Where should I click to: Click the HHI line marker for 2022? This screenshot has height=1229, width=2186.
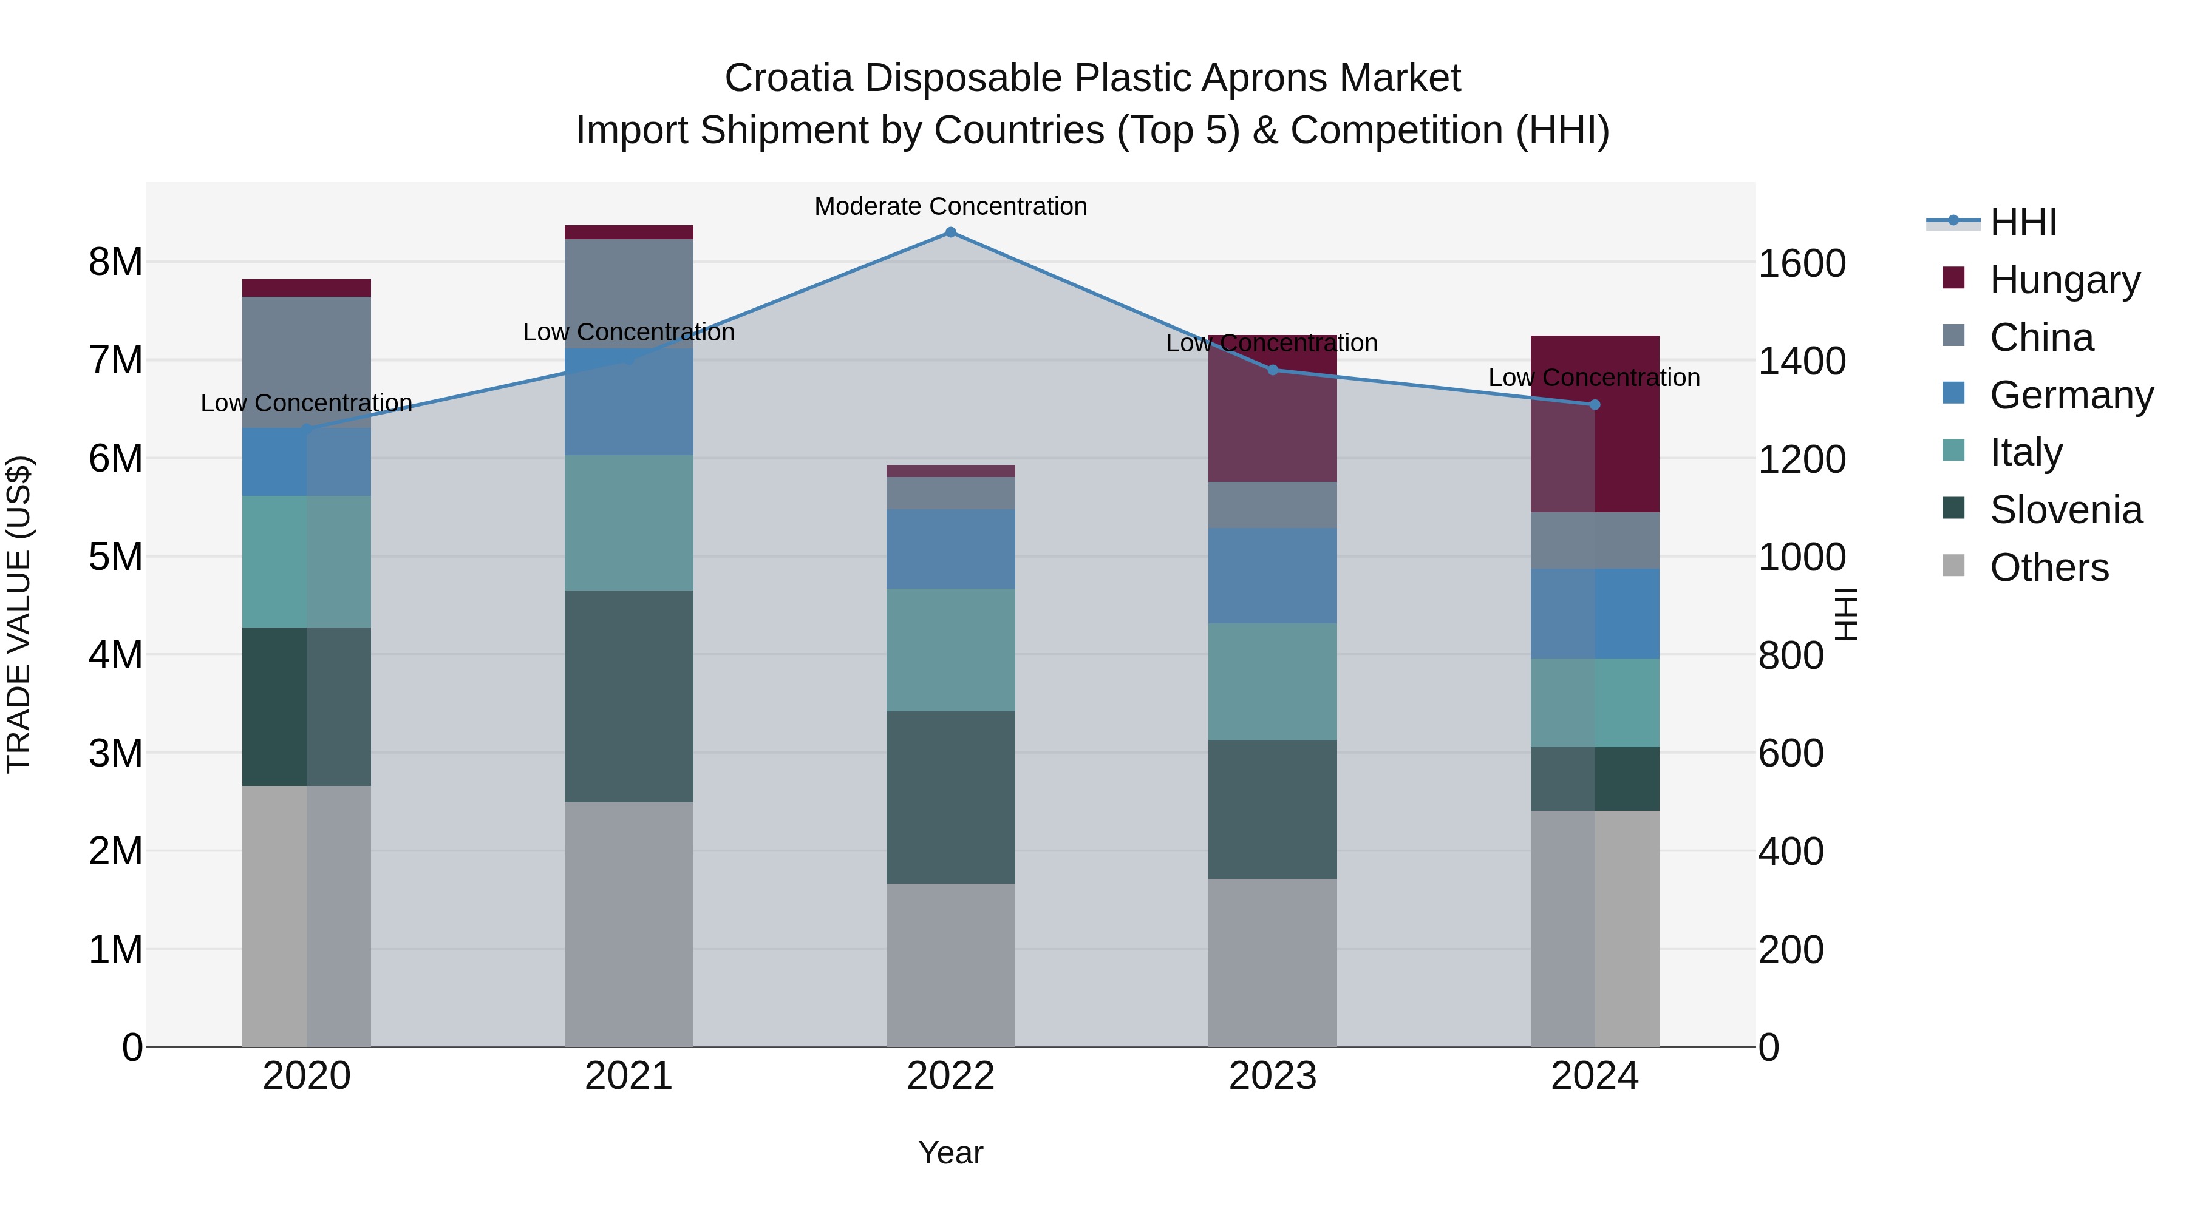tap(950, 232)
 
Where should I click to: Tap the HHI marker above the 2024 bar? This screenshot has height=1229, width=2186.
tap(1595, 405)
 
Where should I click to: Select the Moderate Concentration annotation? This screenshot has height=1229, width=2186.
tap(950, 206)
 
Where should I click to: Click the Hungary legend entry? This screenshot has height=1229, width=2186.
tap(2064, 280)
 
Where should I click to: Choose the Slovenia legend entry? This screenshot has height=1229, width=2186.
tap(2066, 510)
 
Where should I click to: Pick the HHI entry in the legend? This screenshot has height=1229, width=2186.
tap(2023, 222)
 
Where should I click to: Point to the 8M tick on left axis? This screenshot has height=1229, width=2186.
tap(115, 262)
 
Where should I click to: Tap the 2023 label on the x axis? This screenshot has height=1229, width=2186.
tap(1272, 1076)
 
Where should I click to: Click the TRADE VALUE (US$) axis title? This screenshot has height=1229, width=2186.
tap(19, 614)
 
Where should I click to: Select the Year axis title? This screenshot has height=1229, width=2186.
tap(950, 1153)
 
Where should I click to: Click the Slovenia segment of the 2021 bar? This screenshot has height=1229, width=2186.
tap(629, 696)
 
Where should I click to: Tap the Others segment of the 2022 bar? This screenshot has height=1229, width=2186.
tap(950, 964)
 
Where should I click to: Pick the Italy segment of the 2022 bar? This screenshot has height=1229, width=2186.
tap(950, 649)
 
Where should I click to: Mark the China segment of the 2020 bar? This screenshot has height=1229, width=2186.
tap(307, 362)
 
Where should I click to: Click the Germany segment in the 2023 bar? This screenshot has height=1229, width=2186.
tap(1272, 576)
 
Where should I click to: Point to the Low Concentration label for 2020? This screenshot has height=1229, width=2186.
tap(307, 403)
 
